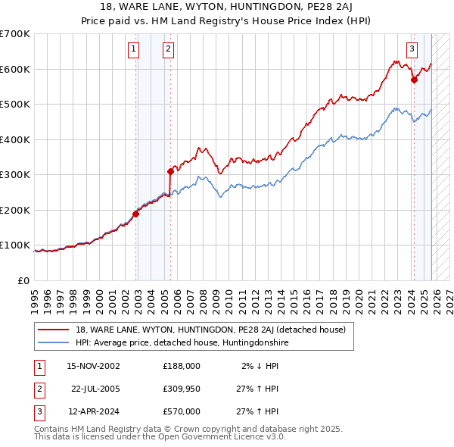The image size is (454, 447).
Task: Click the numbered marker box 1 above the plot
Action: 133,50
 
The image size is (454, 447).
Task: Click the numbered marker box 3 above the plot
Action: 412,50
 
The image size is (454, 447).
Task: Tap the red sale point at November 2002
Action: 136,214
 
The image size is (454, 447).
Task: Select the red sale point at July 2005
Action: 170,171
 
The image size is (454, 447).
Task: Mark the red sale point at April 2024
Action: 414,80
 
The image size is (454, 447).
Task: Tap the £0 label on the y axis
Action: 23,280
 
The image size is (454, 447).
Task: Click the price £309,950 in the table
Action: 181,389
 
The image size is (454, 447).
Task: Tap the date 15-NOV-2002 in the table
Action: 93,366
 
